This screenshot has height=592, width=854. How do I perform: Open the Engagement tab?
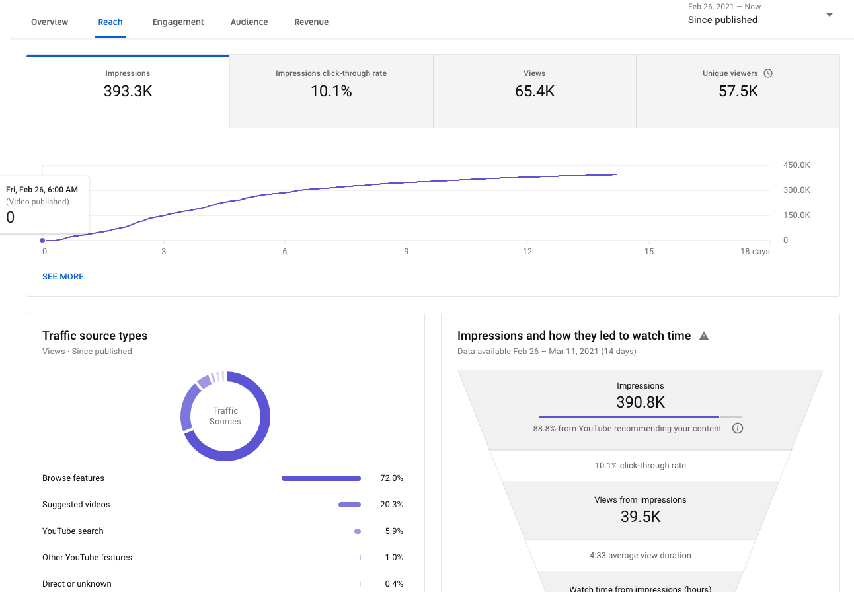pyautogui.click(x=178, y=22)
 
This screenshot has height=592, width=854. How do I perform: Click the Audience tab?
pyautogui.click(x=249, y=22)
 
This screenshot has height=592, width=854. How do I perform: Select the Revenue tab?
pyautogui.click(x=311, y=22)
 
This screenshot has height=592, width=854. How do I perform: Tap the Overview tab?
pyautogui.click(x=50, y=22)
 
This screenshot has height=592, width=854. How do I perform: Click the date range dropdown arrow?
pyautogui.click(x=830, y=15)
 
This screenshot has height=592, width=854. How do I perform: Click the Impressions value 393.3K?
pyautogui.click(x=128, y=91)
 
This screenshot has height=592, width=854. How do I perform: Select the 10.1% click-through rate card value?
pyautogui.click(x=331, y=91)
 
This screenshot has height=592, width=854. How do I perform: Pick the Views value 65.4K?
pyautogui.click(x=535, y=91)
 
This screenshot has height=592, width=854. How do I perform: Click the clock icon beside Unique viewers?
pyautogui.click(x=768, y=73)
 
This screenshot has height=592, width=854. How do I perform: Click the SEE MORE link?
pyautogui.click(x=63, y=277)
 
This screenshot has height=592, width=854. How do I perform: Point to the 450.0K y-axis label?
pyautogui.click(x=796, y=165)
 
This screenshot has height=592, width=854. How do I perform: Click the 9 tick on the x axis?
pyautogui.click(x=407, y=252)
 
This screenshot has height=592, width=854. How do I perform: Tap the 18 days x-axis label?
pyautogui.click(x=755, y=252)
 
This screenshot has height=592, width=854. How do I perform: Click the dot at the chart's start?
pyautogui.click(x=42, y=240)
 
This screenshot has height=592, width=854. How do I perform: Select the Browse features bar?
pyautogui.click(x=321, y=478)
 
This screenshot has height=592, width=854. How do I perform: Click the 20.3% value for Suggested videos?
pyautogui.click(x=391, y=505)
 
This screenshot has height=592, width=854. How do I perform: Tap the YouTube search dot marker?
pyautogui.click(x=358, y=531)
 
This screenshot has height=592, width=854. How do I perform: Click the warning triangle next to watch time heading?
pyautogui.click(x=704, y=336)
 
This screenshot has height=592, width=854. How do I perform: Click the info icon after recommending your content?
pyautogui.click(x=738, y=428)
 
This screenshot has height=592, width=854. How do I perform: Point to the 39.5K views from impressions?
pyautogui.click(x=640, y=517)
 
